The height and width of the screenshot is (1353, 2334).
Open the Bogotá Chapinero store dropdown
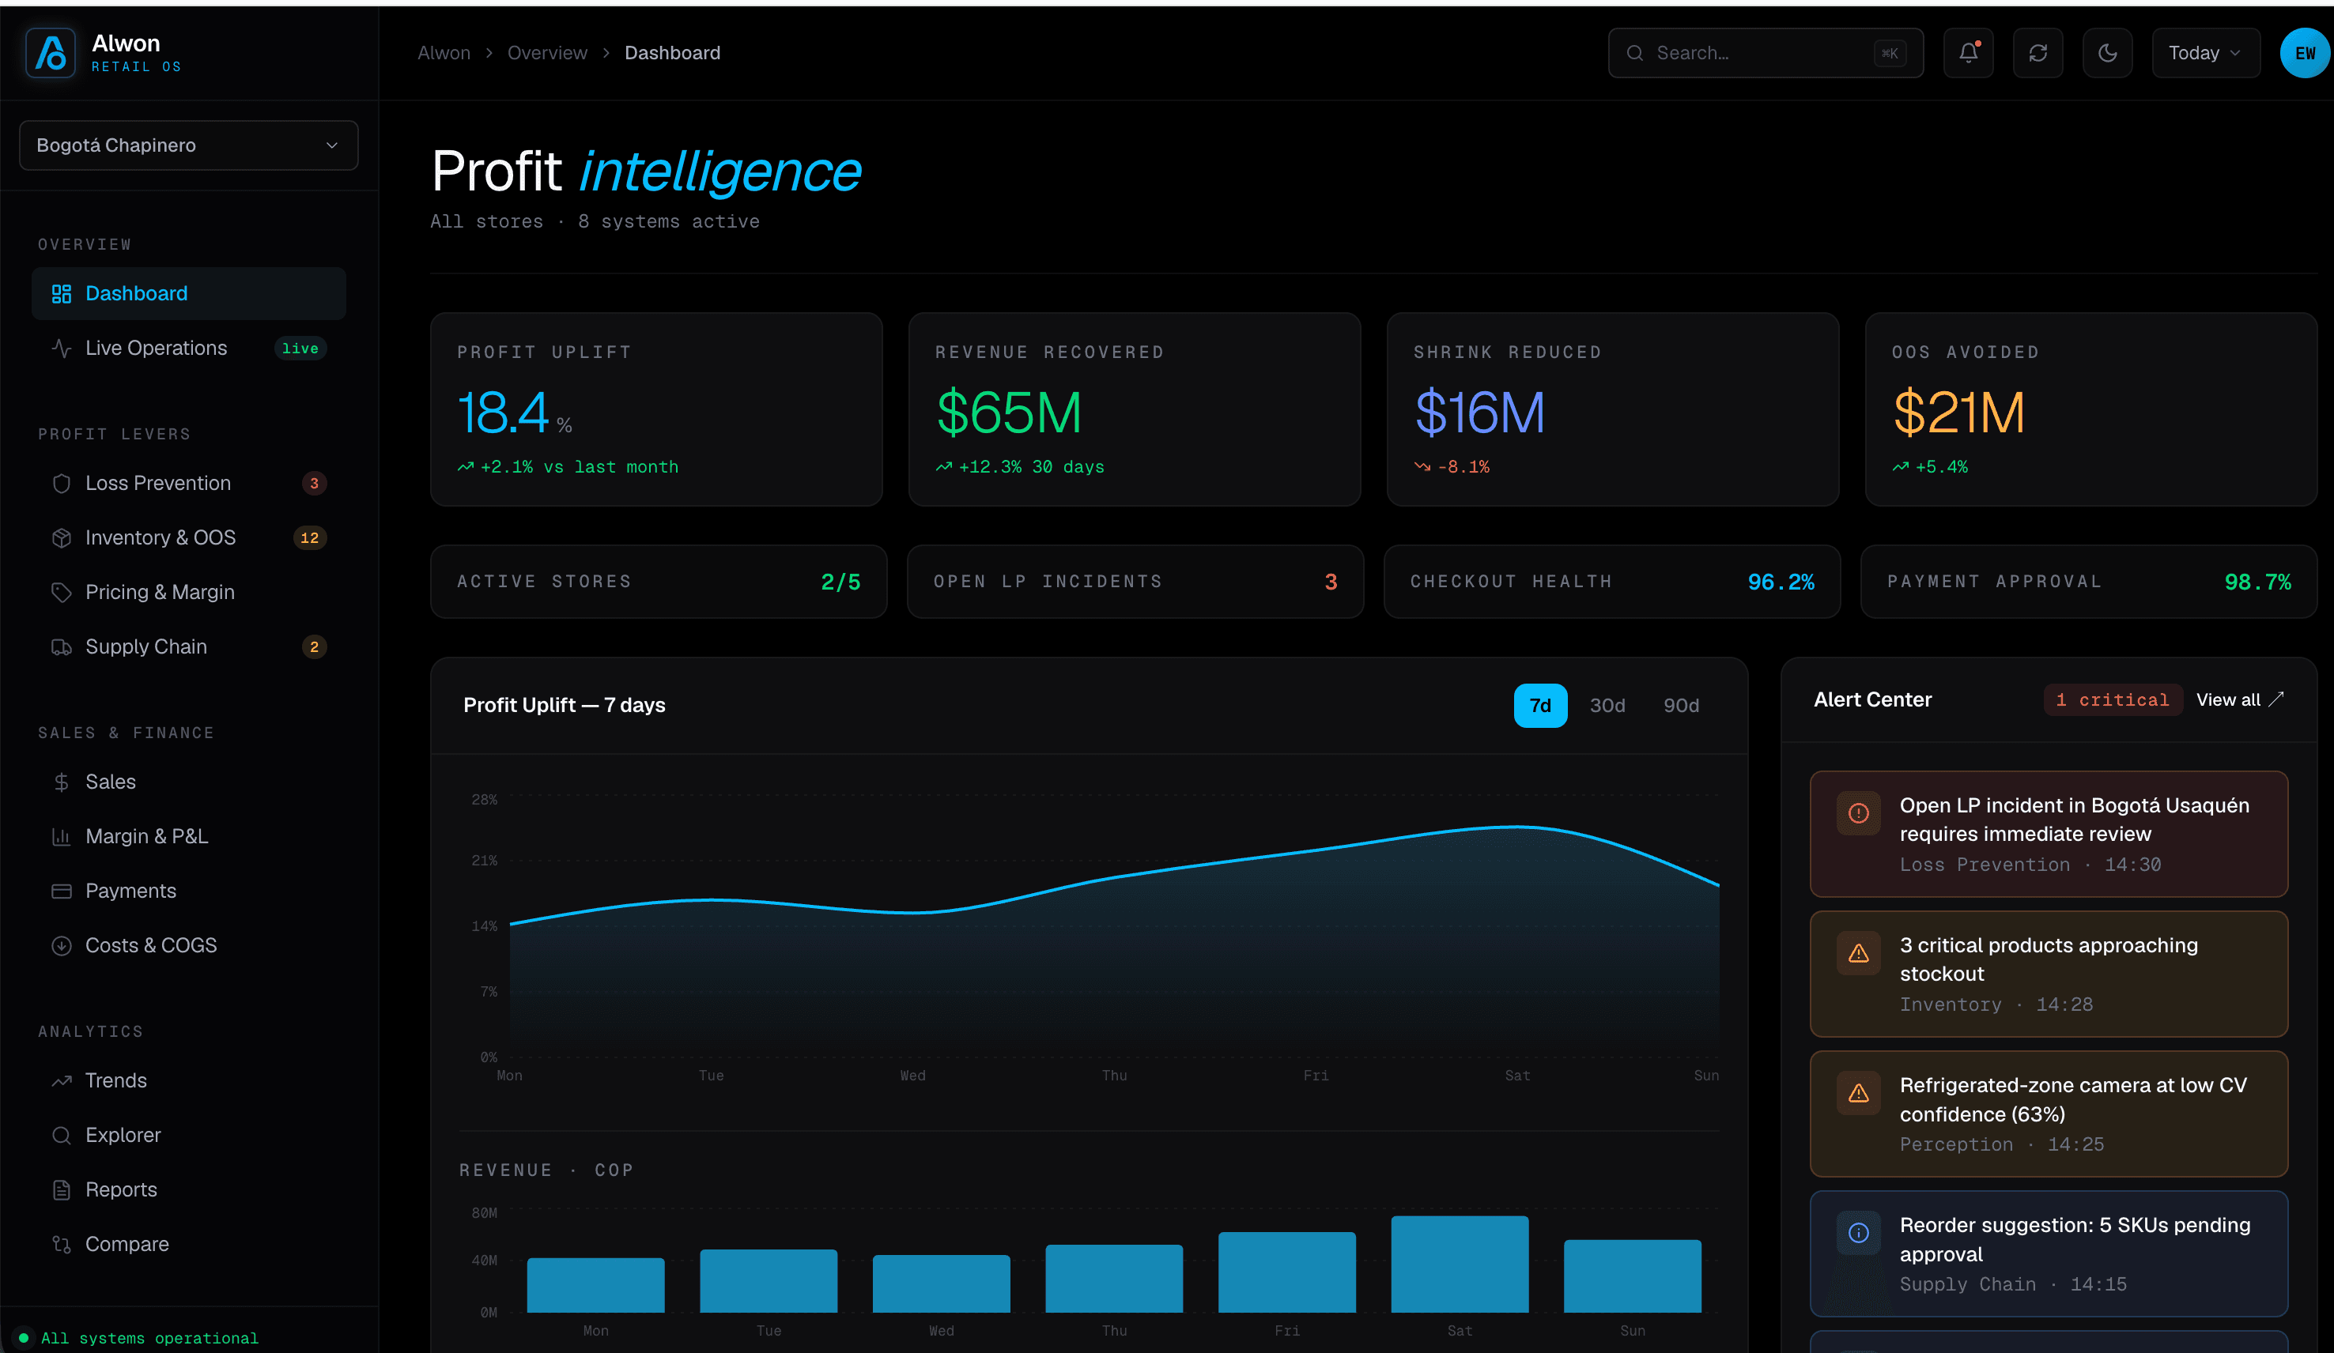(188, 145)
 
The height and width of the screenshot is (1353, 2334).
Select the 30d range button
(1607, 706)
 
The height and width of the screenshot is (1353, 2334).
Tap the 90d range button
(1681, 706)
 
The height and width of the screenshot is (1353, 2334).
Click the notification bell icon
(1968, 53)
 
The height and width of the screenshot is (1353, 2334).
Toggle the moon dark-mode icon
(2107, 53)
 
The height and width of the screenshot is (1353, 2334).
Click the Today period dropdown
(2205, 53)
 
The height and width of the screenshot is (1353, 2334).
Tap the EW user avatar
(2305, 53)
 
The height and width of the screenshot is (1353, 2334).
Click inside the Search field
(1766, 53)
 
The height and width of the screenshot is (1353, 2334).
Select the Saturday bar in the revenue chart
(1460, 1264)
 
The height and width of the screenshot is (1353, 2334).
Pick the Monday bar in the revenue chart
(595, 1284)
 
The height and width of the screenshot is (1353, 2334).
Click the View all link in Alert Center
(2240, 700)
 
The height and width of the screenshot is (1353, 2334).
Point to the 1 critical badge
(2113, 700)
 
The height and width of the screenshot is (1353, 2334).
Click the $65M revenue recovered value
(1009, 413)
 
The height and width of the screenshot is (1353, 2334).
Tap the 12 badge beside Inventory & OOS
(309, 538)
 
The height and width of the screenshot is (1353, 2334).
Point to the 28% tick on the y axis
(485, 799)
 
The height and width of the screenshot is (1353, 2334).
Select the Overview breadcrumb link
(547, 53)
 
